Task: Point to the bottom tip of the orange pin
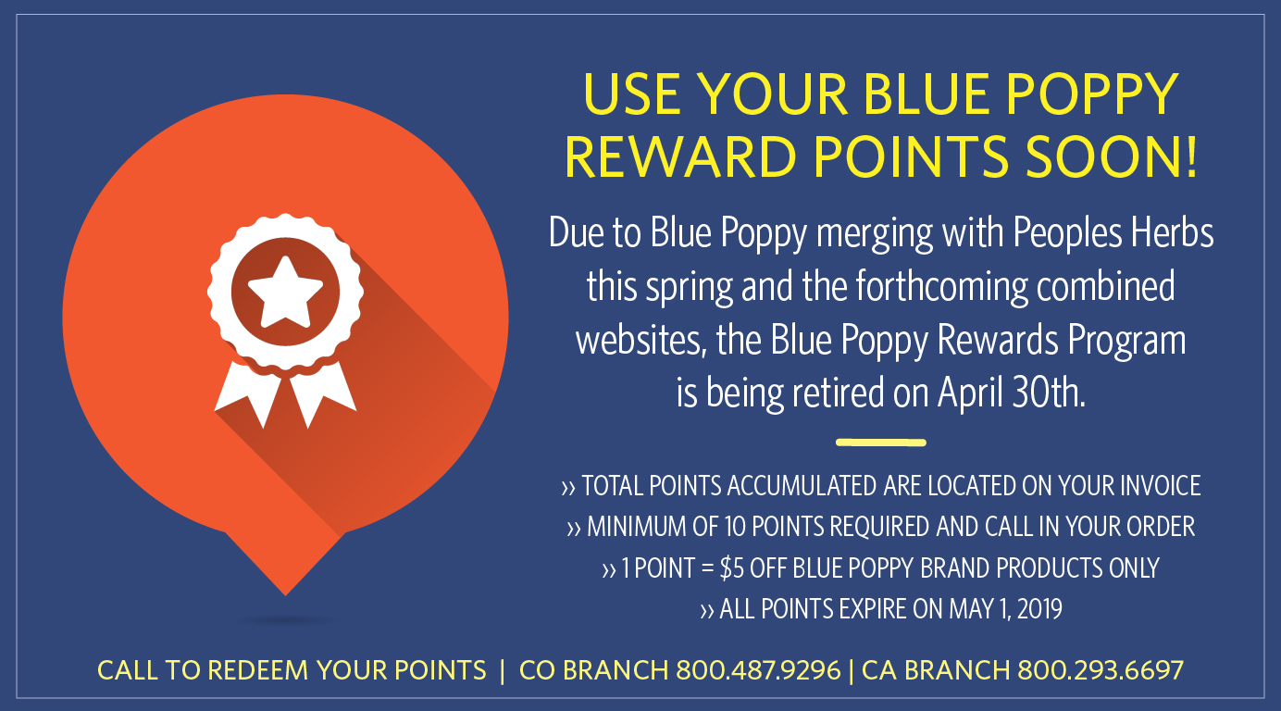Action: point(286,592)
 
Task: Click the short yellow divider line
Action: point(880,443)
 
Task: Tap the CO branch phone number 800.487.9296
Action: point(758,669)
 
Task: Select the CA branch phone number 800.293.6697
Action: point(1101,669)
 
